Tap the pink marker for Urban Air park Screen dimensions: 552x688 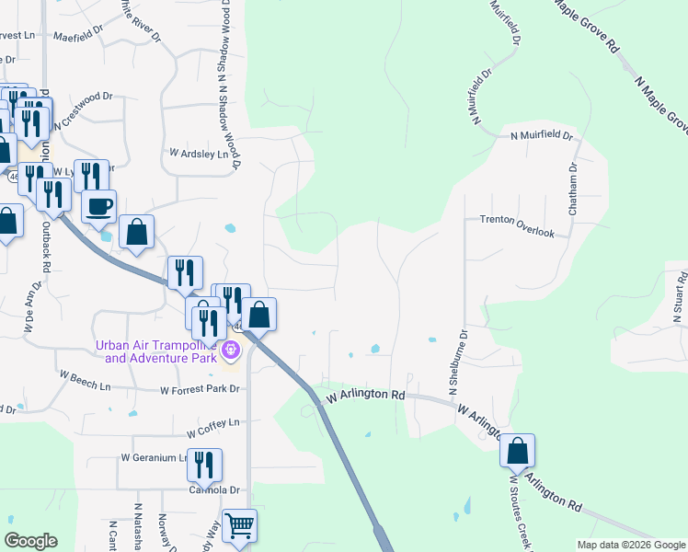[x=230, y=350]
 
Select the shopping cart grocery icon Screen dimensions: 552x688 [x=239, y=527]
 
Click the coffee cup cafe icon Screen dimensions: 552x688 [x=99, y=206]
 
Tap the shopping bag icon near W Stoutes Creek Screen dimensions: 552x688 [x=518, y=451]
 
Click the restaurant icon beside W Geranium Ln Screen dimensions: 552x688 [x=204, y=465]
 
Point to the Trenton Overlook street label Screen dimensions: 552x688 [x=517, y=226]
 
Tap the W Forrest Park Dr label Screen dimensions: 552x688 [x=200, y=390]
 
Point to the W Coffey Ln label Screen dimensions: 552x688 [x=212, y=427]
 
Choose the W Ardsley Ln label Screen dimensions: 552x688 [x=198, y=155]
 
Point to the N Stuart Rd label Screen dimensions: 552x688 [x=677, y=300]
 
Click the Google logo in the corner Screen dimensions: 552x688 [x=30, y=541]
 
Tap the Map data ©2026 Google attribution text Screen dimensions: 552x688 [x=631, y=545]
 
